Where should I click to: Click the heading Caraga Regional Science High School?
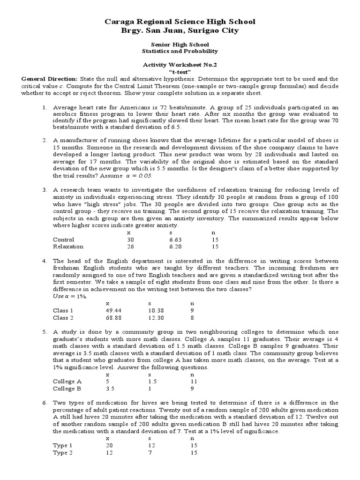[180, 22]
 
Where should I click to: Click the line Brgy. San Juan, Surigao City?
[180, 30]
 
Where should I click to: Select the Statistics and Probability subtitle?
[180, 51]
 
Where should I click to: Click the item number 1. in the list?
[45, 107]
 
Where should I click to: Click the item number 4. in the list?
[45, 261]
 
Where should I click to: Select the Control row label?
[64, 240]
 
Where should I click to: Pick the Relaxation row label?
[68, 247]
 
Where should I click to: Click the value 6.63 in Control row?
[174, 240]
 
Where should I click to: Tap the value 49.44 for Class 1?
[114, 310]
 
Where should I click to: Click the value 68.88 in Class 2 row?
[114, 318]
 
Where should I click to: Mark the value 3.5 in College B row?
[110, 389]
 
